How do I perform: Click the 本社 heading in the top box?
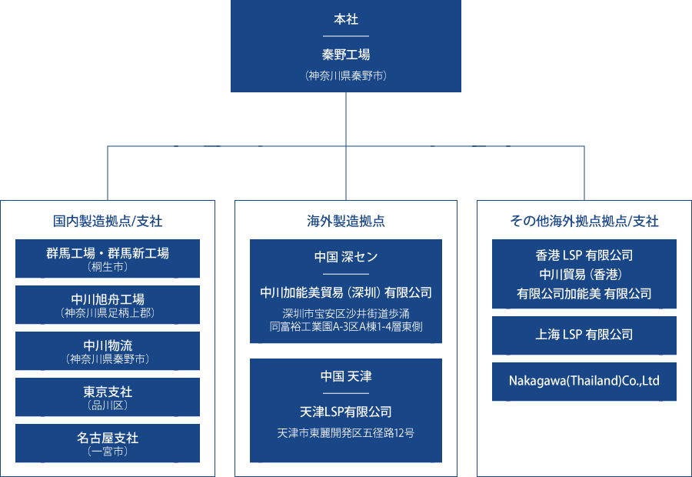(x=346, y=20)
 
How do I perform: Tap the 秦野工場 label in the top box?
(x=346, y=55)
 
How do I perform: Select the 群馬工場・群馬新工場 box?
(x=108, y=259)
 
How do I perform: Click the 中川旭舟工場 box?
(x=108, y=305)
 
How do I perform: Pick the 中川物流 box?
(x=108, y=351)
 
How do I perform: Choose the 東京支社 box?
(x=108, y=397)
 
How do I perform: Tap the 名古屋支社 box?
(x=108, y=443)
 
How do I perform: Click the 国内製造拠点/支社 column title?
(x=108, y=222)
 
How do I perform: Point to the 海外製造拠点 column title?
(x=346, y=222)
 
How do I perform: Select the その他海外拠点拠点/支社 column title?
(x=584, y=222)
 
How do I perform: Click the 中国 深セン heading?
(x=346, y=256)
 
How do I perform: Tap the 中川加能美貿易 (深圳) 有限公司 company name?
(x=346, y=293)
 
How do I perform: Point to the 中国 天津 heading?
(x=346, y=376)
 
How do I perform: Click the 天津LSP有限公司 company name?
(x=346, y=412)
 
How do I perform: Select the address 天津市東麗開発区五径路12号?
(x=346, y=433)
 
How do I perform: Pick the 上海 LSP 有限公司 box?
(x=584, y=335)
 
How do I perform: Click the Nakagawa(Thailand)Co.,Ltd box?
(x=584, y=382)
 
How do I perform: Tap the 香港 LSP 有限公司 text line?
(x=584, y=255)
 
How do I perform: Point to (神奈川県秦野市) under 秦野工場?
(x=346, y=75)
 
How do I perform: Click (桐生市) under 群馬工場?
(x=108, y=268)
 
